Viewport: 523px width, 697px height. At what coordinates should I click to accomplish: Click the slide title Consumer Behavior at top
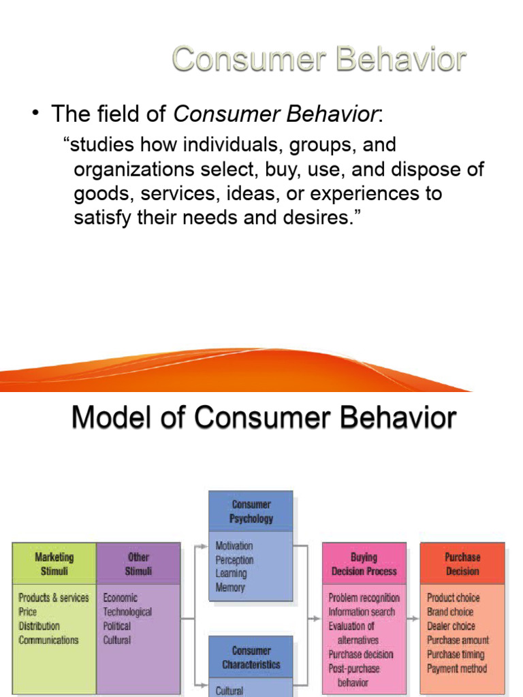(319, 60)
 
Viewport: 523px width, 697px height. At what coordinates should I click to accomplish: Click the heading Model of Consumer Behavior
(264, 417)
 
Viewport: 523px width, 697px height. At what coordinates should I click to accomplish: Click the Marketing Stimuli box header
(54, 564)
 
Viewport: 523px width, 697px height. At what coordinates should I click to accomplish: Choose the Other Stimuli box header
(138, 564)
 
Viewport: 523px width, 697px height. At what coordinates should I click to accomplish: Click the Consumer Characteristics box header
(251, 658)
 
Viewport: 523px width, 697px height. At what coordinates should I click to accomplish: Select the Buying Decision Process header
(364, 564)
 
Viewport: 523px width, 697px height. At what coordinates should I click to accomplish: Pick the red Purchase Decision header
(462, 564)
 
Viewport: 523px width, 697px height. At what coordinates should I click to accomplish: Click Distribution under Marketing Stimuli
(39, 626)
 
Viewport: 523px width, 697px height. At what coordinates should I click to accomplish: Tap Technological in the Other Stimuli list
(127, 612)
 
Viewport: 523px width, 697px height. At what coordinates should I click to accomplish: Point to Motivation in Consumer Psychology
(234, 546)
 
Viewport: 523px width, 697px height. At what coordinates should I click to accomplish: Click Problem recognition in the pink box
(364, 598)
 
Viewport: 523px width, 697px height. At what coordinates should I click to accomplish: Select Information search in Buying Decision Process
(361, 612)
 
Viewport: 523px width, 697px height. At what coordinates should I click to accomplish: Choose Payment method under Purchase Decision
(457, 668)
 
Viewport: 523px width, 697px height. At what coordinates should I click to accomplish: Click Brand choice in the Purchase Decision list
(450, 612)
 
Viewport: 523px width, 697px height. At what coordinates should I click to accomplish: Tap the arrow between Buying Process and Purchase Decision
(412, 619)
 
